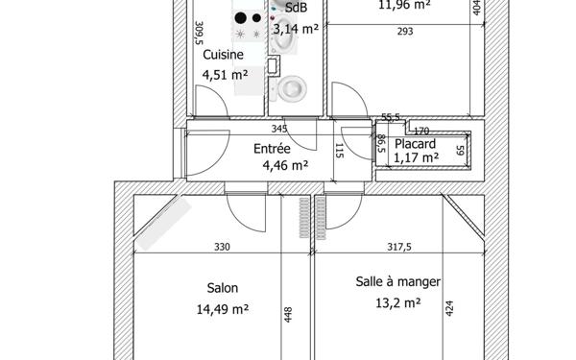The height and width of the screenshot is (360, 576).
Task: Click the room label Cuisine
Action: pos(222,56)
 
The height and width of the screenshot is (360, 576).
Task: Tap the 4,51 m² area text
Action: pos(225,74)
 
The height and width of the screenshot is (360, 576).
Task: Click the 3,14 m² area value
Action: pos(296,28)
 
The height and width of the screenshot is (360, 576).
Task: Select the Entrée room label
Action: pos(272,149)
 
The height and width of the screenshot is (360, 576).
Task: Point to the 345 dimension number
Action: pos(279,129)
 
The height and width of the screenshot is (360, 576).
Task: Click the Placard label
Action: pos(415,143)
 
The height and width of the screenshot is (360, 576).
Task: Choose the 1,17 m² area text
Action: pos(417,157)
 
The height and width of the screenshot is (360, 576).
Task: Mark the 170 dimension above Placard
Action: pos(421,130)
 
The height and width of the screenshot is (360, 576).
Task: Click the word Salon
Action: pos(223,287)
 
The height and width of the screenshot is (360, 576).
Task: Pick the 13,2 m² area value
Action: pos(398,303)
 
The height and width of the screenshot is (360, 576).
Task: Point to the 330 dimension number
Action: pos(222,247)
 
